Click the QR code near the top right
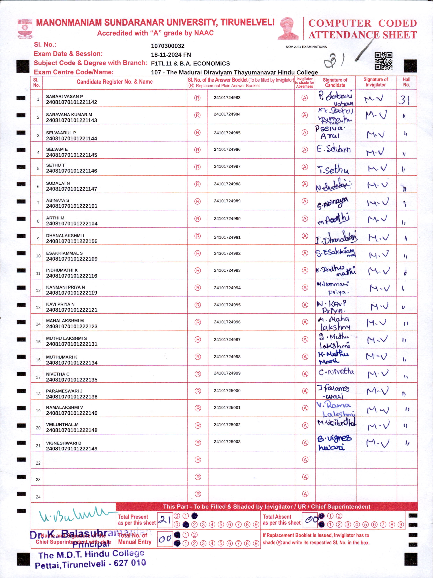383,61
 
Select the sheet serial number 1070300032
168,46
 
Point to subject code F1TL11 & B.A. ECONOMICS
190,64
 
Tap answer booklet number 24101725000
227,391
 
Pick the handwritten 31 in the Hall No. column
404,100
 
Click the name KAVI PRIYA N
60,304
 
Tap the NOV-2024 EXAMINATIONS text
306,47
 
